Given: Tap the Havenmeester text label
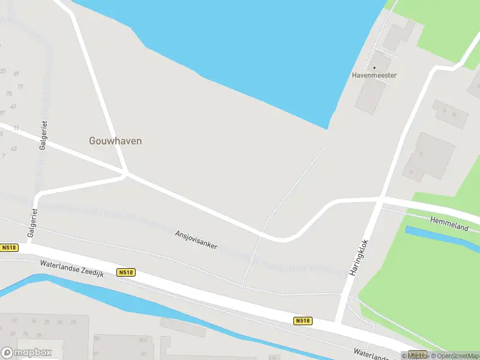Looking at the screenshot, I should [x=374, y=76].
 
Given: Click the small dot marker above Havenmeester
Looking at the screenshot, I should [x=374, y=68].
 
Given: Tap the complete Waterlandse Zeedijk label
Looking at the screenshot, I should [x=71, y=269].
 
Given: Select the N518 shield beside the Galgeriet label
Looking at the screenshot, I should [x=9, y=248].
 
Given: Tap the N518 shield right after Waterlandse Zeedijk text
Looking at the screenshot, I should [x=126, y=272].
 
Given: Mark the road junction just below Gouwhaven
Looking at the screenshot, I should [x=126, y=174].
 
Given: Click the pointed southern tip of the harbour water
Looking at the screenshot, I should [x=328, y=127].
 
